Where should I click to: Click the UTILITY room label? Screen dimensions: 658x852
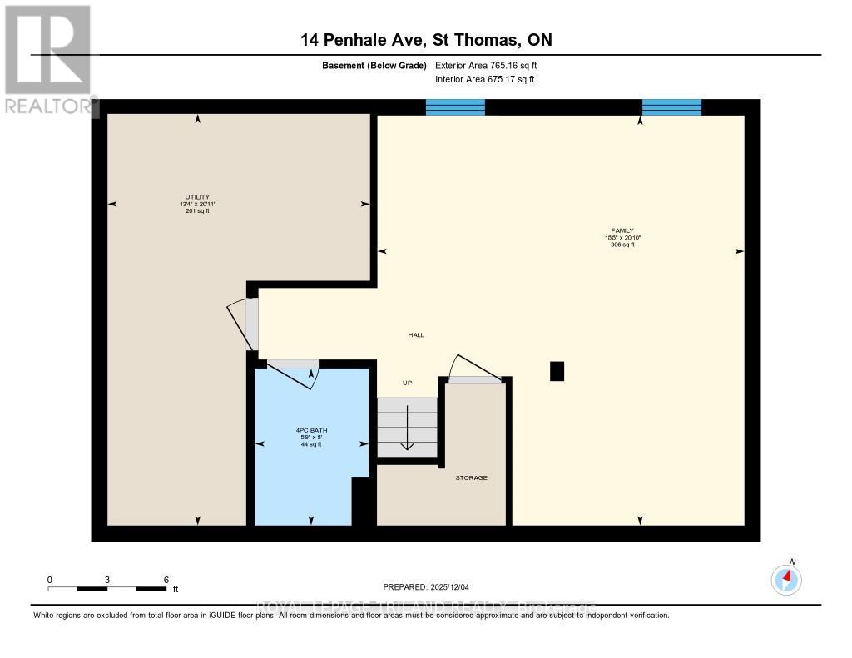click(197, 197)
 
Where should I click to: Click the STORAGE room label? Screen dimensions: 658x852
click(471, 477)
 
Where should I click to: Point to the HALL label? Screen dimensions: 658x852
click(416, 334)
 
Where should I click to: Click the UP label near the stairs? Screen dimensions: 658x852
click(408, 383)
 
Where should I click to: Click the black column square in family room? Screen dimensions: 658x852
click(557, 371)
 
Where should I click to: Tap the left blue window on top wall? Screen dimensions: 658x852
click(455, 107)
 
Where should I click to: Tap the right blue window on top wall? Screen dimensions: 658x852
click(671, 107)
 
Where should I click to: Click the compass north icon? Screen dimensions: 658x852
click(786, 577)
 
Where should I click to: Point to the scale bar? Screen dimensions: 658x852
click(108, 589)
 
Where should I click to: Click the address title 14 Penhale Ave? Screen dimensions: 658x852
click(425, 40)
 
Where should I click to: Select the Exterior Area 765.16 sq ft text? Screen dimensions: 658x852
click(492, 65)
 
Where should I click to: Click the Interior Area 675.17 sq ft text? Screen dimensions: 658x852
click(484, 80)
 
